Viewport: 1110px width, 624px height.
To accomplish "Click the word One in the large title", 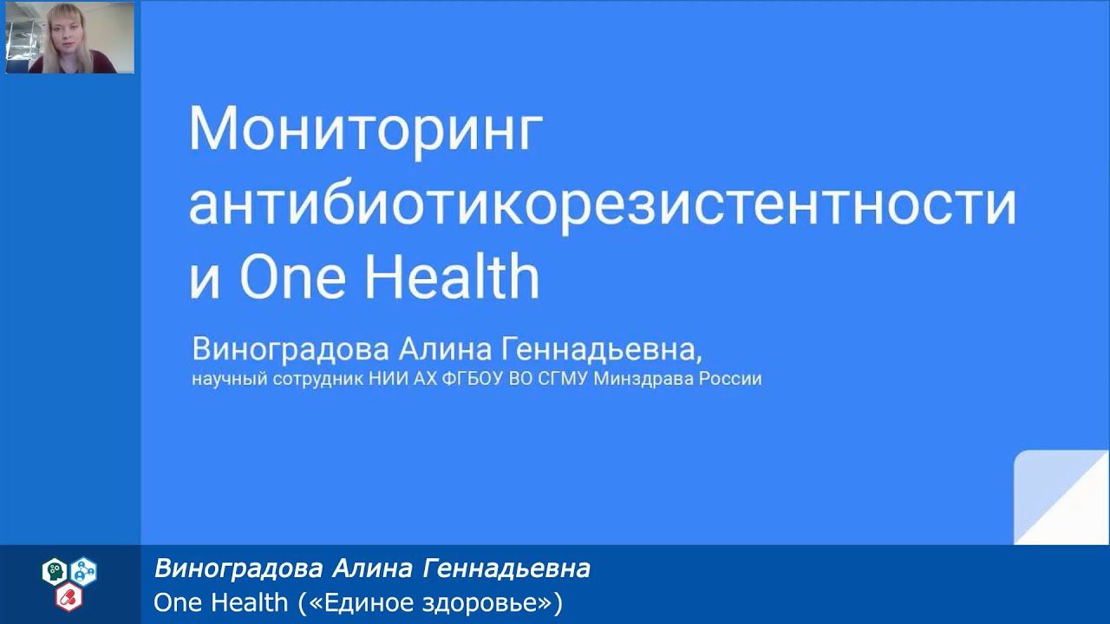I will (x=292, y=278).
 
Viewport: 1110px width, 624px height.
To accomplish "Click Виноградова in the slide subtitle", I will (x=291, y=350).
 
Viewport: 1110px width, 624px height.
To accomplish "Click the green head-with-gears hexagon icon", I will (x=55, y=570).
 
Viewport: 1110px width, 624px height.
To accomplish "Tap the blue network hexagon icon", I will (x=84, y=570).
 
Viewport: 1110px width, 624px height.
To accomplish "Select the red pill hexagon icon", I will (x=69, y=596).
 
